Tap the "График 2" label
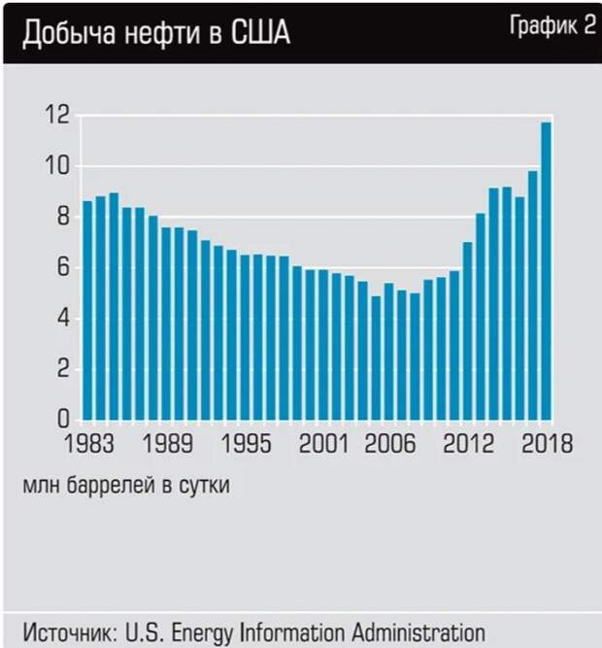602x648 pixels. point(552,26)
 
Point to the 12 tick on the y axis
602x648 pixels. point(58,116)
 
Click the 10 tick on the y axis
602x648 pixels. point(58,166)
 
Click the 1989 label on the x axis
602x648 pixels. point(167,444)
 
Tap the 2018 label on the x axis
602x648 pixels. point(545,444)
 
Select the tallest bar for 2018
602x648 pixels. point(547,272)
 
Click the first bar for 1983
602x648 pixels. point(87,311)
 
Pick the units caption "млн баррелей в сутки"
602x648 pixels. point(126,485)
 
